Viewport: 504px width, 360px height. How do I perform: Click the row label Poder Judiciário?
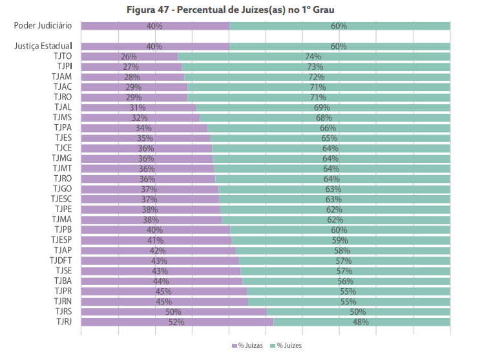click(x=43, y=26)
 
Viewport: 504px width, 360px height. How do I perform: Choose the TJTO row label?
click(x=63, y=56)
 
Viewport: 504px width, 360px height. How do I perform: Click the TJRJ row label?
click(x=63, y=321)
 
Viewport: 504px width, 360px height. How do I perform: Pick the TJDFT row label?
click(x=60, y=260)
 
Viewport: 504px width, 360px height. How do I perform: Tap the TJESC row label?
click(x=61, y=199)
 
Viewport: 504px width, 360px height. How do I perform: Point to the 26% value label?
click(x=129, y=56)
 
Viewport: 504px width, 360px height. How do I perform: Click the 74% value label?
click(x=313, y=56)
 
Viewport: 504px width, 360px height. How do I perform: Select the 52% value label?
click(x=176, y=321)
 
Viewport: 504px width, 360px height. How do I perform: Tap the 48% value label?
click(x=361, y=321)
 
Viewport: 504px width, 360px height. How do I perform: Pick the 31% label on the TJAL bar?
click(x=138, y=107)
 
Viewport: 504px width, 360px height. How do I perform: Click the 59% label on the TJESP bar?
click(x=340, y=240)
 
